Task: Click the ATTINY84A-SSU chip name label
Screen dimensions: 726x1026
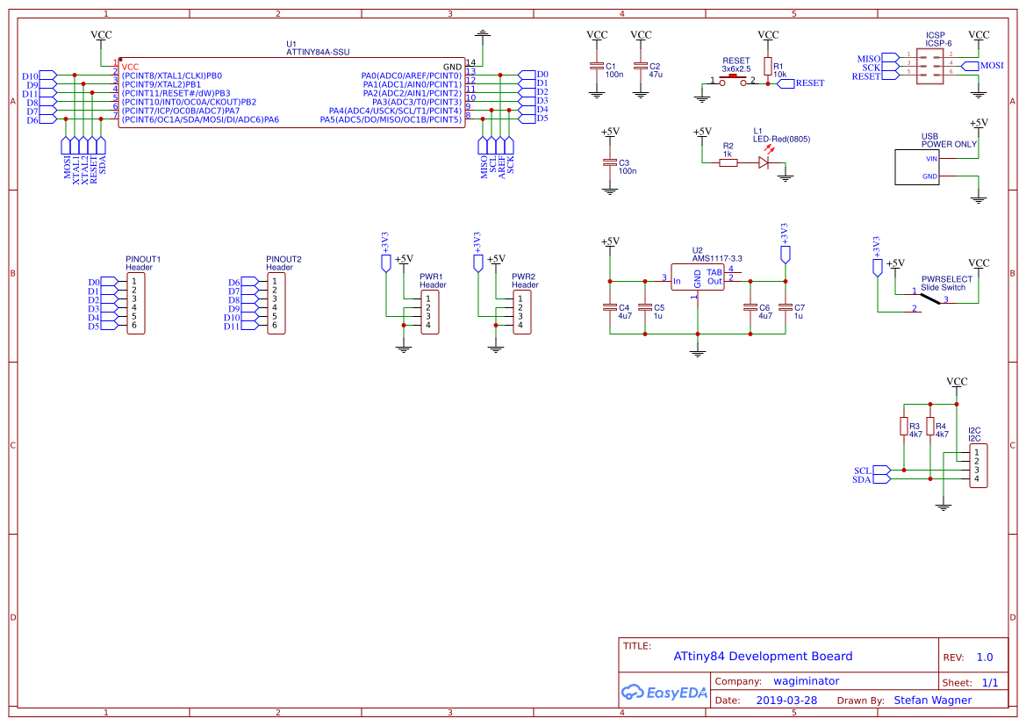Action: point(318,53)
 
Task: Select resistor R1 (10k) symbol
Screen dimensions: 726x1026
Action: point(768,67)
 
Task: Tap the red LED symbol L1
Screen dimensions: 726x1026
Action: point(764,162)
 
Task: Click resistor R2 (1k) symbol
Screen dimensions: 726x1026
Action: point(728,162)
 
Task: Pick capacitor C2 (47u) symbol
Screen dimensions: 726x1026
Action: point(642,67)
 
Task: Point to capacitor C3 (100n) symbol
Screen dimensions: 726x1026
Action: point(610,163)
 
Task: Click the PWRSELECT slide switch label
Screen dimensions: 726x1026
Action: point(946,284)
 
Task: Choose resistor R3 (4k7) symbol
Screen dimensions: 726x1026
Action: point(904,426)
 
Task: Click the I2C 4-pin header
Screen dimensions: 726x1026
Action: point(978,466)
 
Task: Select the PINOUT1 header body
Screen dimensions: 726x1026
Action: point(134,304)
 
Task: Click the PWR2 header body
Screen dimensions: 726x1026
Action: point(521,312)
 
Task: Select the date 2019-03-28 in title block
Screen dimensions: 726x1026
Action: point(786,701)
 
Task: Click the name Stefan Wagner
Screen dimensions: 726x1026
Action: point(932,701)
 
